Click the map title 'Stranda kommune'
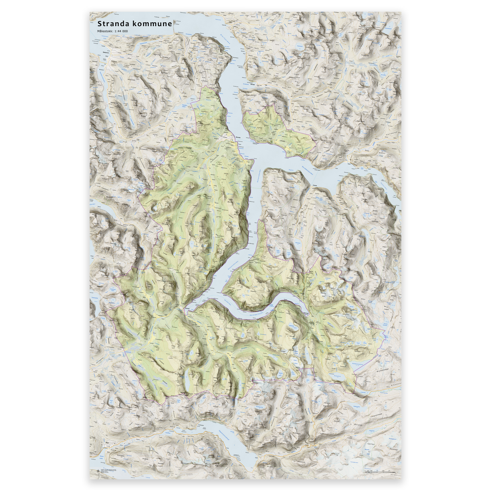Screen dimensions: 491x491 pos(135,24)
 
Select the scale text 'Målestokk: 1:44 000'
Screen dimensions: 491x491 pos(112,31)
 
